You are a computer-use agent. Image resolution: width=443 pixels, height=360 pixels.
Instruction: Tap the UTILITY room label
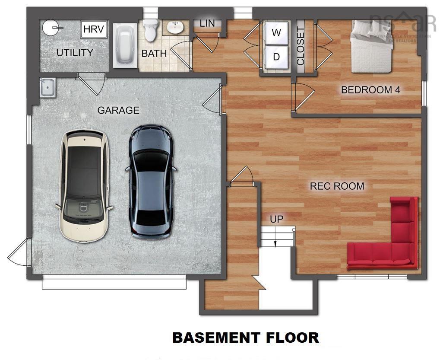click(75, 53)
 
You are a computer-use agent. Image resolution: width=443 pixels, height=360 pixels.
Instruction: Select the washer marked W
click(276, 33)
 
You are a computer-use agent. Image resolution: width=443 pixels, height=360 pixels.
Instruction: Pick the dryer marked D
click(276, 57)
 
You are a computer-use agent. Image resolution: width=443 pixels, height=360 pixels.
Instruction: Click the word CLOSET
click(301, 46)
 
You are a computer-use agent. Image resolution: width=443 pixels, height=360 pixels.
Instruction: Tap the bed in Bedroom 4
click(371, 47)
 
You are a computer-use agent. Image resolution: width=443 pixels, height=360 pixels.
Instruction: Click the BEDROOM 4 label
click(370, 90)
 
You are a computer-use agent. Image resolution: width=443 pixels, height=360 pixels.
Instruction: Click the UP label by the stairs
click(277, 219)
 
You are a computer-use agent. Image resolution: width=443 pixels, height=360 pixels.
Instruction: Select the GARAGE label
click(118, 110)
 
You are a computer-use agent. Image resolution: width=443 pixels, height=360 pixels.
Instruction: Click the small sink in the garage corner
click(47, 88)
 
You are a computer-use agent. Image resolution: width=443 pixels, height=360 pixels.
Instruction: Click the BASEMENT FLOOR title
click(246, 338)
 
